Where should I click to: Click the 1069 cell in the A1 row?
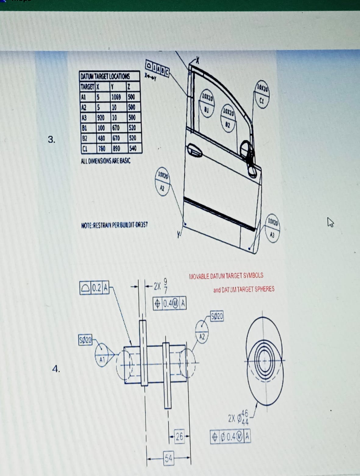(x=116, y=97)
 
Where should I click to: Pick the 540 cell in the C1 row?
(x=133, y=149)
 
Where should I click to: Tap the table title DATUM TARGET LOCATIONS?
(x=105, y=76)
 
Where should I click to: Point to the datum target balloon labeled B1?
(x=207, y=103)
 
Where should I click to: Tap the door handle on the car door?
(x=194, y=150)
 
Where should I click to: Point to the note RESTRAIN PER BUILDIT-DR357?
(x=115, y=225)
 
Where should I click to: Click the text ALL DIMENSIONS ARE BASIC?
(x=105, y=161)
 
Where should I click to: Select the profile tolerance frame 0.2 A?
(x=94, y=288)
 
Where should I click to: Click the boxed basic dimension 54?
(x=169, y=458)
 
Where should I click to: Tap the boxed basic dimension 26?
(x=179, y=437)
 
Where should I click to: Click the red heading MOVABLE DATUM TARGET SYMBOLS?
(x=226, y=276)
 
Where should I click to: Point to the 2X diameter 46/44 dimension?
(x=239, y=418)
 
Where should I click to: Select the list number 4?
(x=56, y=369)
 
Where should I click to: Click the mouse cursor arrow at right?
(x=330, y=222)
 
